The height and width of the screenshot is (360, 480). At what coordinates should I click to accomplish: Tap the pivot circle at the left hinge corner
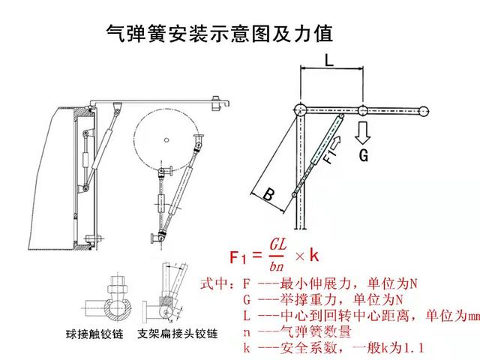coord(301,109)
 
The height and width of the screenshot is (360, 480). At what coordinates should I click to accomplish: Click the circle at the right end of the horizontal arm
coord(424,111)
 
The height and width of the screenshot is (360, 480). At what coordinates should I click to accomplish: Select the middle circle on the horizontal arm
coord(362,110)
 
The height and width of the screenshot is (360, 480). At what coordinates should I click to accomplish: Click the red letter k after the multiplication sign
coord(314,256)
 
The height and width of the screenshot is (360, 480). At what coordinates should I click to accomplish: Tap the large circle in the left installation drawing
coord(169,136)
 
